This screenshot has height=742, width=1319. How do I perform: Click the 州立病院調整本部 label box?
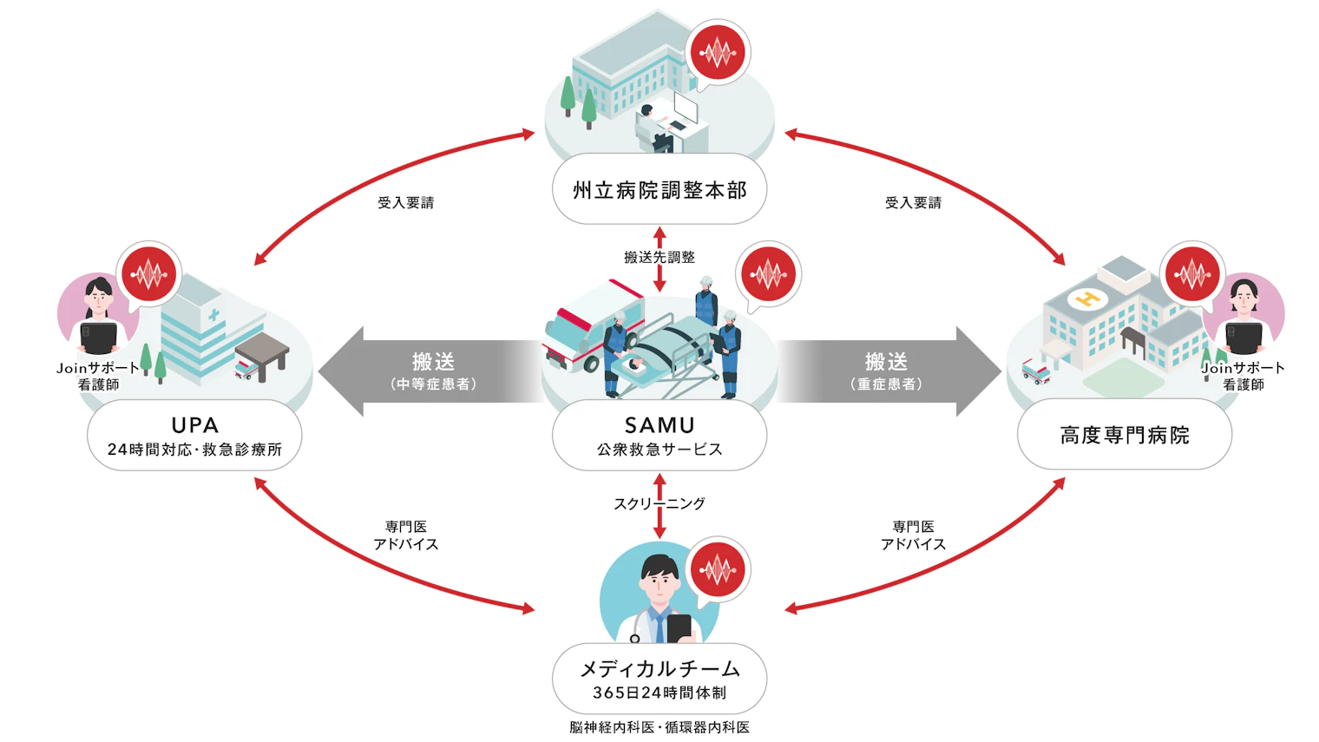point(659,189)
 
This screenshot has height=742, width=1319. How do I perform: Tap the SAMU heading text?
point(659,425)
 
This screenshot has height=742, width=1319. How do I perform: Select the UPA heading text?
point(194,425)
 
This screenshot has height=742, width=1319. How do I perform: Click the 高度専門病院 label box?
point(1125,435)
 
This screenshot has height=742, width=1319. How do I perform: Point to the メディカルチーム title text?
point(659,669)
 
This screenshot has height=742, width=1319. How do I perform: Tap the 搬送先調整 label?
point(659,257)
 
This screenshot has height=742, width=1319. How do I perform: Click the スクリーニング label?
point(659,503)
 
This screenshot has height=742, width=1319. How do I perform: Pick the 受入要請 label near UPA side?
point(405,203)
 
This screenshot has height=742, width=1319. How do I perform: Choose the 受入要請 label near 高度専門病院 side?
point(913,203)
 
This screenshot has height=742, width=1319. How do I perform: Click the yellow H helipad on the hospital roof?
point(1086,300)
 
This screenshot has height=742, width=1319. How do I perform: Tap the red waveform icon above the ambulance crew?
point(768,275)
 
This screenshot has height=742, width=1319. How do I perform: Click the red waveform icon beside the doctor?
point(718,570)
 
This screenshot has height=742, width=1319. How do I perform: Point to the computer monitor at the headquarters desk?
point(686,108)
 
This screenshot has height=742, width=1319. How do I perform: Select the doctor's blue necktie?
point(660,625)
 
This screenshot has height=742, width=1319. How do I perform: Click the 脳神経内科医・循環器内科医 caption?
point(659,727)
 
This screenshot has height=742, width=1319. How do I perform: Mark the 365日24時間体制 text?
point(659,693)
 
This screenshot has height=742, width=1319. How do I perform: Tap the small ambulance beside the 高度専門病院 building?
point(1036,371)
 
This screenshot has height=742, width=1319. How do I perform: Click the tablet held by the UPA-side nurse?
point(99,337)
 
